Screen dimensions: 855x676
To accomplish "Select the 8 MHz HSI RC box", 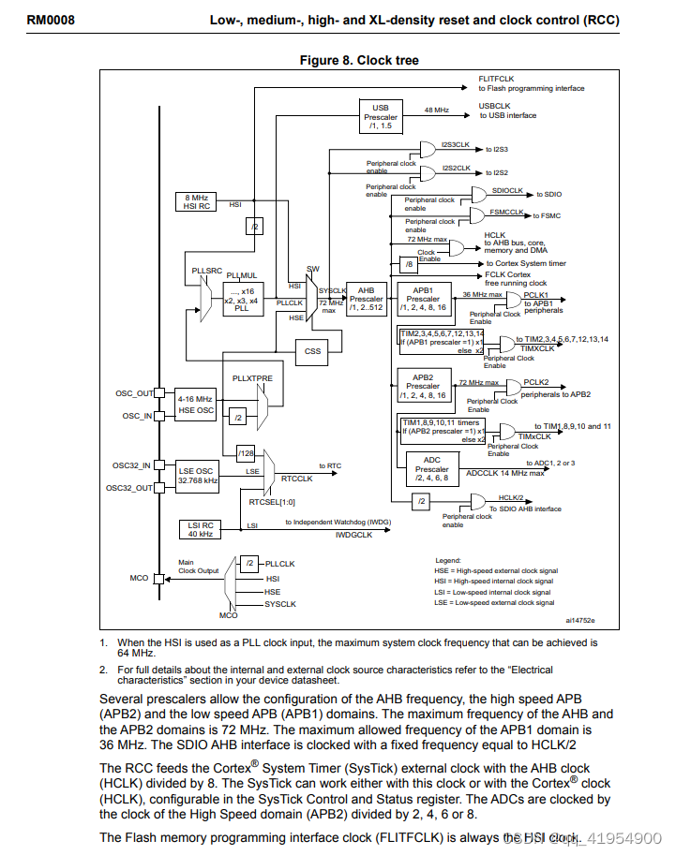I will click(x=196, y=201).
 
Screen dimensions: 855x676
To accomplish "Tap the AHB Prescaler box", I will click(x=367, y=300).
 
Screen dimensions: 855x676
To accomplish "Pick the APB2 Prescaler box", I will click(x=423, y=386).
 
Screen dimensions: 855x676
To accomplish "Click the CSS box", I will click(x=312, y=352).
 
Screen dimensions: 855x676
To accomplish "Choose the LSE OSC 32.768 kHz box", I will click(x=198, y=475).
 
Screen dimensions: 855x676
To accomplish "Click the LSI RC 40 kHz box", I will click(x=198, y=529).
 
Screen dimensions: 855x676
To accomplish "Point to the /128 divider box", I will click(x=247, y=454).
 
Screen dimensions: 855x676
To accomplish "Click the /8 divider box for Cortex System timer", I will click(x=409, y=264).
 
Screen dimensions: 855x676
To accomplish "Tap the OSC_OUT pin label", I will click(x=133, y=393).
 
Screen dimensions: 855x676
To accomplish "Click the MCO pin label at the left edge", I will click(x=139, y=579).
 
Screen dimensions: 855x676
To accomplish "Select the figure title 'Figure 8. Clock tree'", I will click(x=359, y=60).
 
